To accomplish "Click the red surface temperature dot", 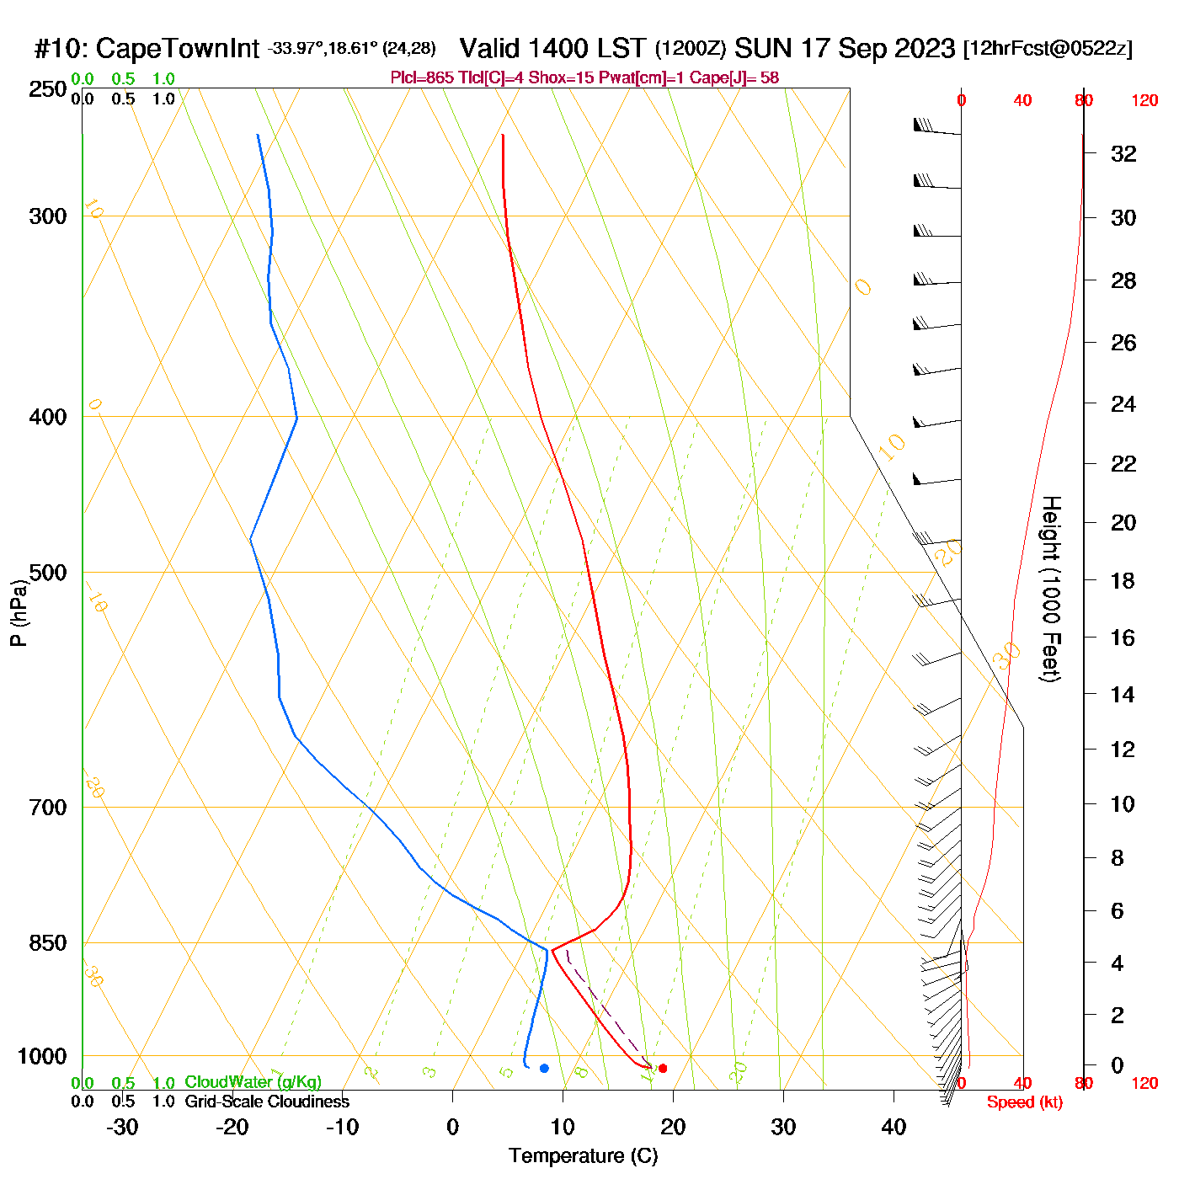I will click(x=663, y=1068).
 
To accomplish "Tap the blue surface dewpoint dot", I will click(x=544, y=1068).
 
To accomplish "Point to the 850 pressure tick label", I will click(x=47, y=942).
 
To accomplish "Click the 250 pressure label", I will click(x=47, y=89).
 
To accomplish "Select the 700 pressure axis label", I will click(x=47, y=807).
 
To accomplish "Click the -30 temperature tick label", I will click(x=122, y=1127).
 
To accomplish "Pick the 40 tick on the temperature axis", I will click(x=894, y=1127).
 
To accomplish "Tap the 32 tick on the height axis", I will click(x=1123, y=153).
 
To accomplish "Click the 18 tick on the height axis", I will click(x=1123, y=580).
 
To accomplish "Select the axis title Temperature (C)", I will click(x=583, y=1155).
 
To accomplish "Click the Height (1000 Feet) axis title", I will click(x=1051, y=589).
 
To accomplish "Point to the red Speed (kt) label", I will click(x=1024, y=1102).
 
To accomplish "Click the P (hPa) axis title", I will click(x=19, y=613).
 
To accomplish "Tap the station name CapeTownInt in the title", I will click(x=177, y=49).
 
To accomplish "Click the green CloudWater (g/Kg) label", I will click(x=253, y=1082).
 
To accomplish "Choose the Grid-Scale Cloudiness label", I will click(x=267, y=1102).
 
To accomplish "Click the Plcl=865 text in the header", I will click(x=422, y=78).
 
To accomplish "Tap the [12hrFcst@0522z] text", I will click(x=1048, y=48).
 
